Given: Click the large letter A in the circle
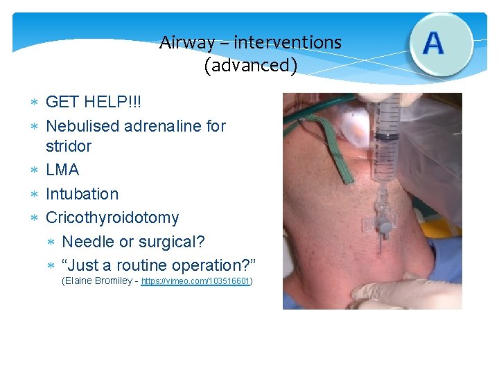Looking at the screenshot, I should [433, 43].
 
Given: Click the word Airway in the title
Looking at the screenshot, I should [187, 43].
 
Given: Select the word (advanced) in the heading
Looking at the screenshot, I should [250, 66].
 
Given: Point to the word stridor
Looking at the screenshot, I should [68, 146].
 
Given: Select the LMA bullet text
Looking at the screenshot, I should [62, 170].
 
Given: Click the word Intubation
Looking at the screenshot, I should [82, 194].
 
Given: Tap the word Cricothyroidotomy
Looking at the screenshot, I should [112, 217].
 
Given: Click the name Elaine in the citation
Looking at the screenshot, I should [79, 282].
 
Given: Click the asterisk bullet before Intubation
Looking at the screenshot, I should [33, 195].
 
